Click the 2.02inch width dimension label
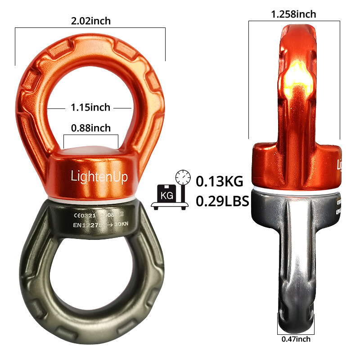click(x=90, y=21)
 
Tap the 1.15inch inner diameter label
click(x=90, y=108)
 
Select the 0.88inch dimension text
click(x=90, y=128)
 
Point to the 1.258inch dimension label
click(x=293, y=14)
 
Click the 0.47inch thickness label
click(x=296, y=339)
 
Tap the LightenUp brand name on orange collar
click(x=99, y=176)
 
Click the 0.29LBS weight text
click(x=222, y=200)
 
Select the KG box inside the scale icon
click(x=165, y=195)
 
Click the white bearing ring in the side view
click(x=295, y=188)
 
